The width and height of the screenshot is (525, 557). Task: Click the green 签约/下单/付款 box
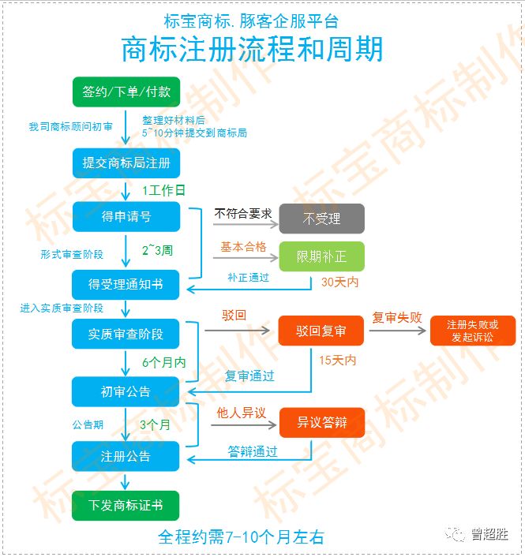(126, 92)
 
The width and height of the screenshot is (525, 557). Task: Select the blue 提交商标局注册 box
(126, 163)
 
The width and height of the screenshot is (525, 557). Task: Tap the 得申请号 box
(126, 217)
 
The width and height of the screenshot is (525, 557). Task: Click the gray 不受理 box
(321, 219)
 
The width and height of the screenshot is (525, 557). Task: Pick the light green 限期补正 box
(321, 256)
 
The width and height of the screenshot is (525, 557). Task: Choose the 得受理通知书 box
(126, 283)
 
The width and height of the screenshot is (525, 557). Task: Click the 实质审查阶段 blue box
(126, 334)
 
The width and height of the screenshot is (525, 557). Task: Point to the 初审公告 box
(126, 391)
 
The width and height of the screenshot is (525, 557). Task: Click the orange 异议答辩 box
(321, 422)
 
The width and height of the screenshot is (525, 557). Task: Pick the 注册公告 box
(126, 456)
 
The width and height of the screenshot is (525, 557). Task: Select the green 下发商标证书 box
(126, 505)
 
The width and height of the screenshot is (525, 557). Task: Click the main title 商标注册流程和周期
(253, 49)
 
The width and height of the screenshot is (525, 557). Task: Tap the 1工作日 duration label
(164, 190)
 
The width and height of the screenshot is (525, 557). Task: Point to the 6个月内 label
(163, 362)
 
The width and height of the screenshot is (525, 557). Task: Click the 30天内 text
(339, 282)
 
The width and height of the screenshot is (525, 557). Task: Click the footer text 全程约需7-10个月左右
(242, 537)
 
